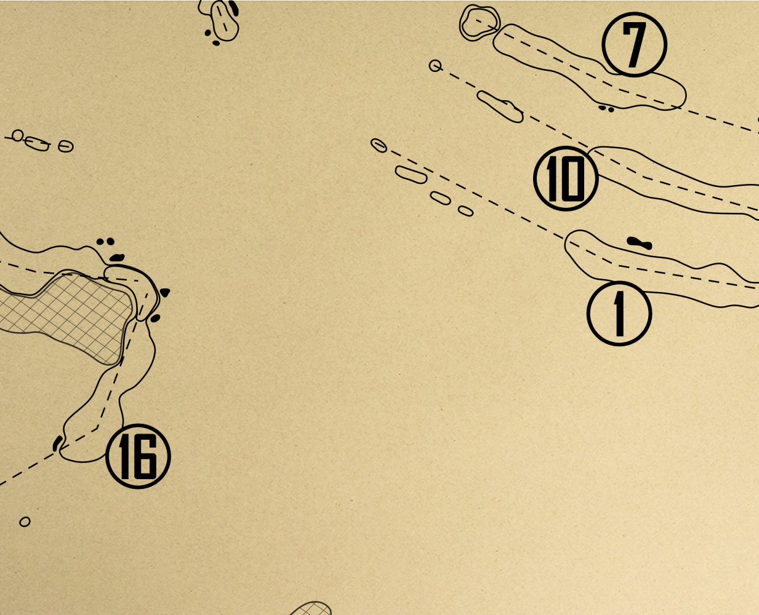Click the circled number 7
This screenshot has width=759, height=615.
coord(634,44)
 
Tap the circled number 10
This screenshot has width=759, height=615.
coord(566,178)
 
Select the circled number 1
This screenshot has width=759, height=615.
coord(619,313)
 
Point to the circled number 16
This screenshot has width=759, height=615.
coord(138,456)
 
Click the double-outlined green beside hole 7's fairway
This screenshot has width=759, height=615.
coord(480,22)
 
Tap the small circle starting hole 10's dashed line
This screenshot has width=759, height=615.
coord(435,66)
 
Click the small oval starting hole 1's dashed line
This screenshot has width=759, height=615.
coord(379,145)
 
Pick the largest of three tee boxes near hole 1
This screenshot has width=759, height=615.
coord(411,175)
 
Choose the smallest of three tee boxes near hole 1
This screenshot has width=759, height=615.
coord(466,211)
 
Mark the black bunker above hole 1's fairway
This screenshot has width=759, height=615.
coord(639,243)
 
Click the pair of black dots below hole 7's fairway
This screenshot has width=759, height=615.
coord(606,109)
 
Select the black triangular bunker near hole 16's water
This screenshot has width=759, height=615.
coord(166,293)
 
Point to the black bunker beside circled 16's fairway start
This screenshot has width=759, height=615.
coord(57,443)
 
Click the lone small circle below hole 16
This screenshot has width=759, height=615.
coord(25,522)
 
